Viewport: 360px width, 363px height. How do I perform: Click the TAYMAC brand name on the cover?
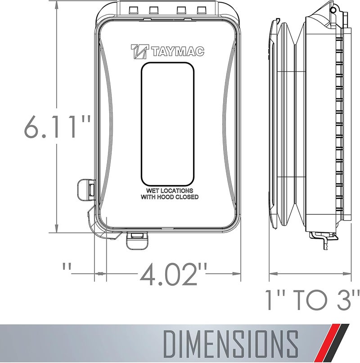click(177, 52)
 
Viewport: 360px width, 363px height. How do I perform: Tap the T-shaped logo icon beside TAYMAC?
click(139, 51)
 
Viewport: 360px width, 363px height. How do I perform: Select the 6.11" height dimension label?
click(57, 127)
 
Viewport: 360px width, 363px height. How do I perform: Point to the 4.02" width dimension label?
click(173, 275)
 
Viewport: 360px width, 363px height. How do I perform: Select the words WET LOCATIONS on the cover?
click(169, 191)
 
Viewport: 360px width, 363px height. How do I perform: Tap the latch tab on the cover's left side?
click(86, 189)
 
